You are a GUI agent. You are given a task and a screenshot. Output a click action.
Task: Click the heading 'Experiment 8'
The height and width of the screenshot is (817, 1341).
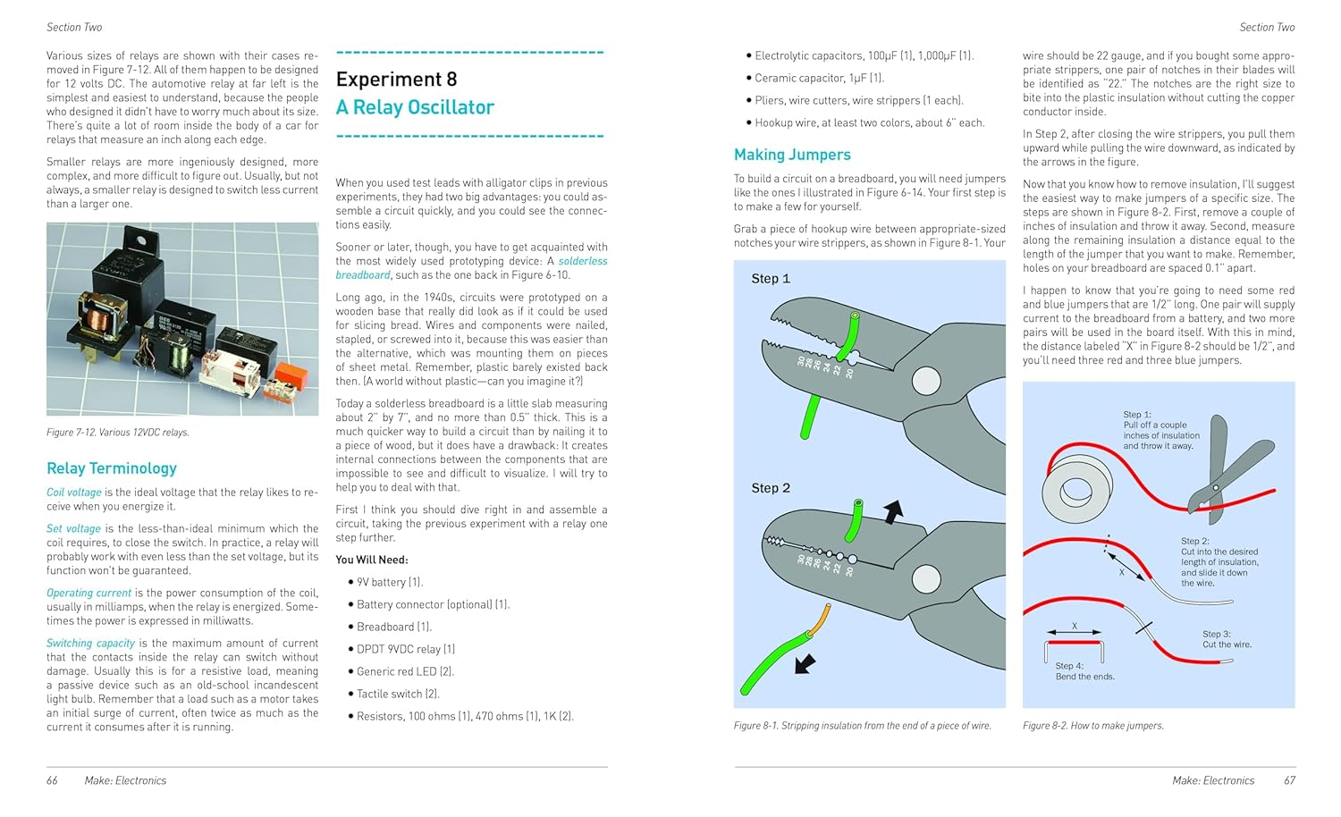click(x=396, y=80)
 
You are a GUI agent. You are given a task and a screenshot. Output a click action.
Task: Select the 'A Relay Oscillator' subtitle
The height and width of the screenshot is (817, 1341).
click(x=415, y=107)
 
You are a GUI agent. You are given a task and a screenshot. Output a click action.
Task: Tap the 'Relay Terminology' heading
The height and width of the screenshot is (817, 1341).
click(x=112, y=467)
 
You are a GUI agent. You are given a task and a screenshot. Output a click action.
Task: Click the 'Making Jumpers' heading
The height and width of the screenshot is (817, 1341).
click(x=792, y=155)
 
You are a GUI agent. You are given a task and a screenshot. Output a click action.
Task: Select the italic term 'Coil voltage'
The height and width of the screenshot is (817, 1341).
click(x=74, y=493)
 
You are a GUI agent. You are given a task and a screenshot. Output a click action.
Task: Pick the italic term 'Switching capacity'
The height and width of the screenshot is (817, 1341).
click(x=90, y=643)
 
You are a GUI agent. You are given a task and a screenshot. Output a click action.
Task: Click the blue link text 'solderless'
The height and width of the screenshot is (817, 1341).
click(x=583, y=261)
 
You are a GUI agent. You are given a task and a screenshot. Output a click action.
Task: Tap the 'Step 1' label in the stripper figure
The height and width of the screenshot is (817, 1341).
click(x=771, y=279)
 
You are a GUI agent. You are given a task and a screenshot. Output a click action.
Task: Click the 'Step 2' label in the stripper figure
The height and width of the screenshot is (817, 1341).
click(x=771, y=488)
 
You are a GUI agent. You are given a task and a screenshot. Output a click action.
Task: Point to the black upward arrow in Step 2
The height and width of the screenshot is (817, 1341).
click(x=892, y=511)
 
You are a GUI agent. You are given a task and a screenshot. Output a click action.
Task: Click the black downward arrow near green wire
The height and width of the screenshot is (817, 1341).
click(x=805, y=662)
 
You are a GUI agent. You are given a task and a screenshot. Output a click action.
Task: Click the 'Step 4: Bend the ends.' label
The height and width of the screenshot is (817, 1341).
click(x=1084, y=671)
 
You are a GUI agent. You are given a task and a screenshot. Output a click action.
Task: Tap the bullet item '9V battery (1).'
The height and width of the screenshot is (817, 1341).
click(x=390, y=582)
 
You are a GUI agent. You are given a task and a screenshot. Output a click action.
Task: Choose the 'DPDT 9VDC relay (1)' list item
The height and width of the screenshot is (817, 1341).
click(x=406, y=649)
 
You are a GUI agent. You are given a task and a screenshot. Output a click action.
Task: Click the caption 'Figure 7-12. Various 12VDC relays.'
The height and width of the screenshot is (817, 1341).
click(x=118, y=433)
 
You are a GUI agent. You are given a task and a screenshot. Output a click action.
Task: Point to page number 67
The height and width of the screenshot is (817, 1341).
click(x=1289, y=780)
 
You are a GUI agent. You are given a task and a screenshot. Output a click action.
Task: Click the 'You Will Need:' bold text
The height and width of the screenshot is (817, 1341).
click(x=372, y=560)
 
